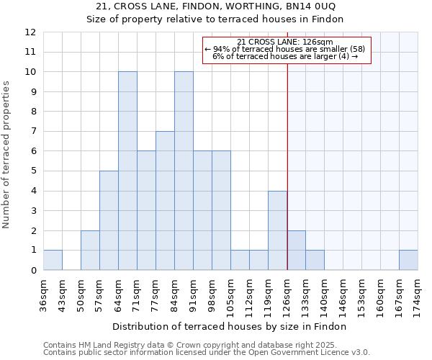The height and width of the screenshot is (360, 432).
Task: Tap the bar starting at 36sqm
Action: pos(53,260)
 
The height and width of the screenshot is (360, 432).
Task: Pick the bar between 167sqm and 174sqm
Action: pos(408,260)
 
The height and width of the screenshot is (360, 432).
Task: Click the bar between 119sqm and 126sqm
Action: pos(277,230)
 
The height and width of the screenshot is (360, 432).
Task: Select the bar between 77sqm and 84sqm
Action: pos(165,201)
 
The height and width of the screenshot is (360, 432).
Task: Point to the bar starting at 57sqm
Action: pos(109,220)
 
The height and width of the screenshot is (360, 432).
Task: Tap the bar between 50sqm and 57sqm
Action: pos(90,251)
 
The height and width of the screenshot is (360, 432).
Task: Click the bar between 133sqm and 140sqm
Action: pos(315,260)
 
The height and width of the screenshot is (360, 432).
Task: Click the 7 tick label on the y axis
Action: pos(33,132)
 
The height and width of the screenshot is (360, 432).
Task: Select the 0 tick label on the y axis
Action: pos(33,271)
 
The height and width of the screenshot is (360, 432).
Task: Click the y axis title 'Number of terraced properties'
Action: pos(7,154)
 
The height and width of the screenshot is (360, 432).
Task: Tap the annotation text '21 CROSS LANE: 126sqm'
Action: pos(285,42)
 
